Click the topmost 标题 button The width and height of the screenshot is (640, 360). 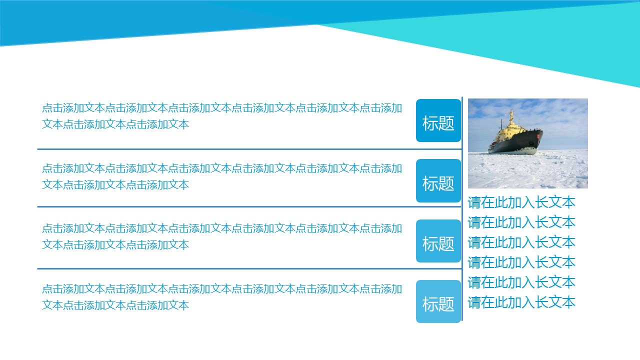438,120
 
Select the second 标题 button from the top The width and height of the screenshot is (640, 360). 438,181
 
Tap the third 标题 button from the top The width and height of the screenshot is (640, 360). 438,241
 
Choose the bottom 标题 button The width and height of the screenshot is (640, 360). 438,301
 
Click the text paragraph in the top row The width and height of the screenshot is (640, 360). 222,116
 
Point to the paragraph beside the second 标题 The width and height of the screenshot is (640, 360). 222,176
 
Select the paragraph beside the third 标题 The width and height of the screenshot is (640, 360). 222,236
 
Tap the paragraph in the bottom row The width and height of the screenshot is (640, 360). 222,297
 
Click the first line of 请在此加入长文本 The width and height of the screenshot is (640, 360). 521,202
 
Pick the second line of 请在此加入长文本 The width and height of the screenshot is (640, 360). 521,222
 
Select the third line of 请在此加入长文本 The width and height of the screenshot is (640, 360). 521,242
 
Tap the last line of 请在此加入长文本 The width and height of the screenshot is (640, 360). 521,302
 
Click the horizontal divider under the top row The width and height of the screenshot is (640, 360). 249,149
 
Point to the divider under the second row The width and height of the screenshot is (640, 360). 249,206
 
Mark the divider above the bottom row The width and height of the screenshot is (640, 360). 249,268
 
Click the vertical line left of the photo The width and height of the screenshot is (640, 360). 462,209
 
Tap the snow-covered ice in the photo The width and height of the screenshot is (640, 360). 528,171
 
